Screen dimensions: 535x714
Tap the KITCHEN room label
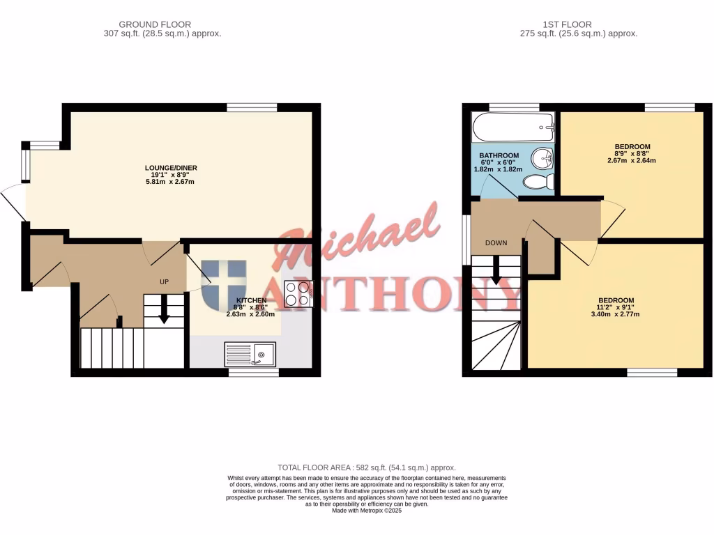click(250, 300)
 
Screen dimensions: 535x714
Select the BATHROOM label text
click(499, 155)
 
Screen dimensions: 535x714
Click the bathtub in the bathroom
click(512, 128)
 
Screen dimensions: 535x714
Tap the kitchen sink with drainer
click(250, 354)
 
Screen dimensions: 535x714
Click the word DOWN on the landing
click(496, 243)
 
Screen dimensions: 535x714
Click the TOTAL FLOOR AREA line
click(367, 467)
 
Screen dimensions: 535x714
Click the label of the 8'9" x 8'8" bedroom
click(632, 147)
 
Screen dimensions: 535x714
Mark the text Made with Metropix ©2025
click(367, 511)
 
